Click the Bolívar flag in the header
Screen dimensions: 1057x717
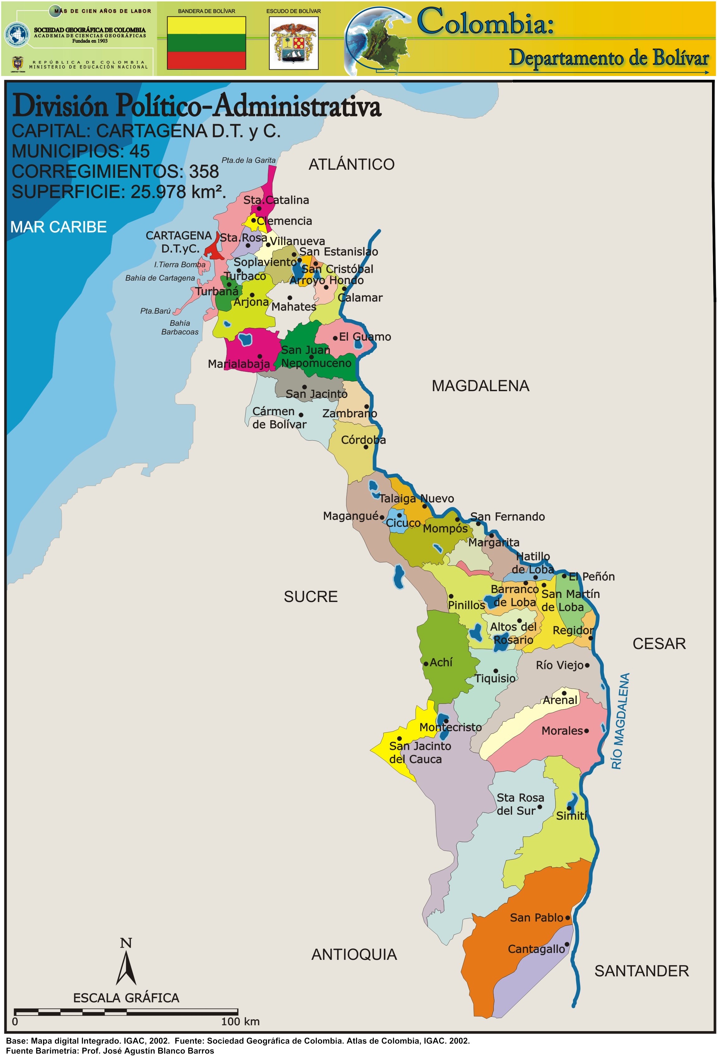click(x=206, y=43)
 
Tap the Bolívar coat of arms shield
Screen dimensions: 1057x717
click(x=294, y=44)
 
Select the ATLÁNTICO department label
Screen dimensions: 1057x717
click(x=351, y=165)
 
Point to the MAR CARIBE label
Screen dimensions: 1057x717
click(x=58, y=227)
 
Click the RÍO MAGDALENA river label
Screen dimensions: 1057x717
click(x=620, y=721)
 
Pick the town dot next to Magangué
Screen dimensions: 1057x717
click(x=382, y=517)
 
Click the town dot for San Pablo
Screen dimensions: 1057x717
click(x=567, y=918)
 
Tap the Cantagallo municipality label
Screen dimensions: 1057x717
click(x=536, y=949)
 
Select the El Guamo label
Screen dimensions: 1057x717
click(x=365, y=337)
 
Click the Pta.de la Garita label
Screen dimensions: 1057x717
click(x=248, y=160)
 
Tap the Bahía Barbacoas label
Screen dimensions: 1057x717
click(x=180, y=327)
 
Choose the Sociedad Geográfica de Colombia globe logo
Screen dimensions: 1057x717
click(x=17, y=35)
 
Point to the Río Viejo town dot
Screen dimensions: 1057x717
click(x=587, y=666)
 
